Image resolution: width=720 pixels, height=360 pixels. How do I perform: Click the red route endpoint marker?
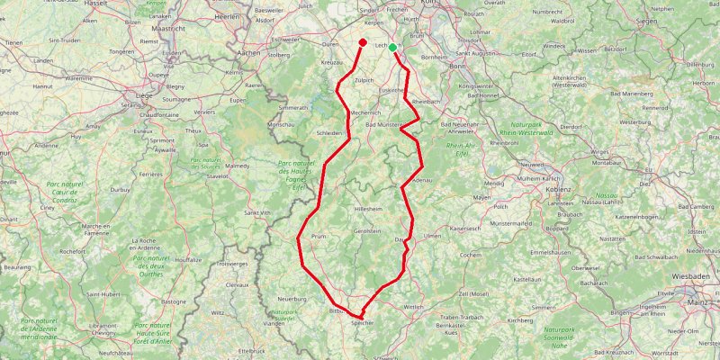[362, 42]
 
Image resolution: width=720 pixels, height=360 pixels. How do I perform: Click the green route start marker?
[392, 48]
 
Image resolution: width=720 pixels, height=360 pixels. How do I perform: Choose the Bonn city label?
[457, 67]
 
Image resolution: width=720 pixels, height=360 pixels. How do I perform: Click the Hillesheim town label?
[369, 208]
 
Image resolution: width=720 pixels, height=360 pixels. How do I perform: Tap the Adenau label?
[422, 181]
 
